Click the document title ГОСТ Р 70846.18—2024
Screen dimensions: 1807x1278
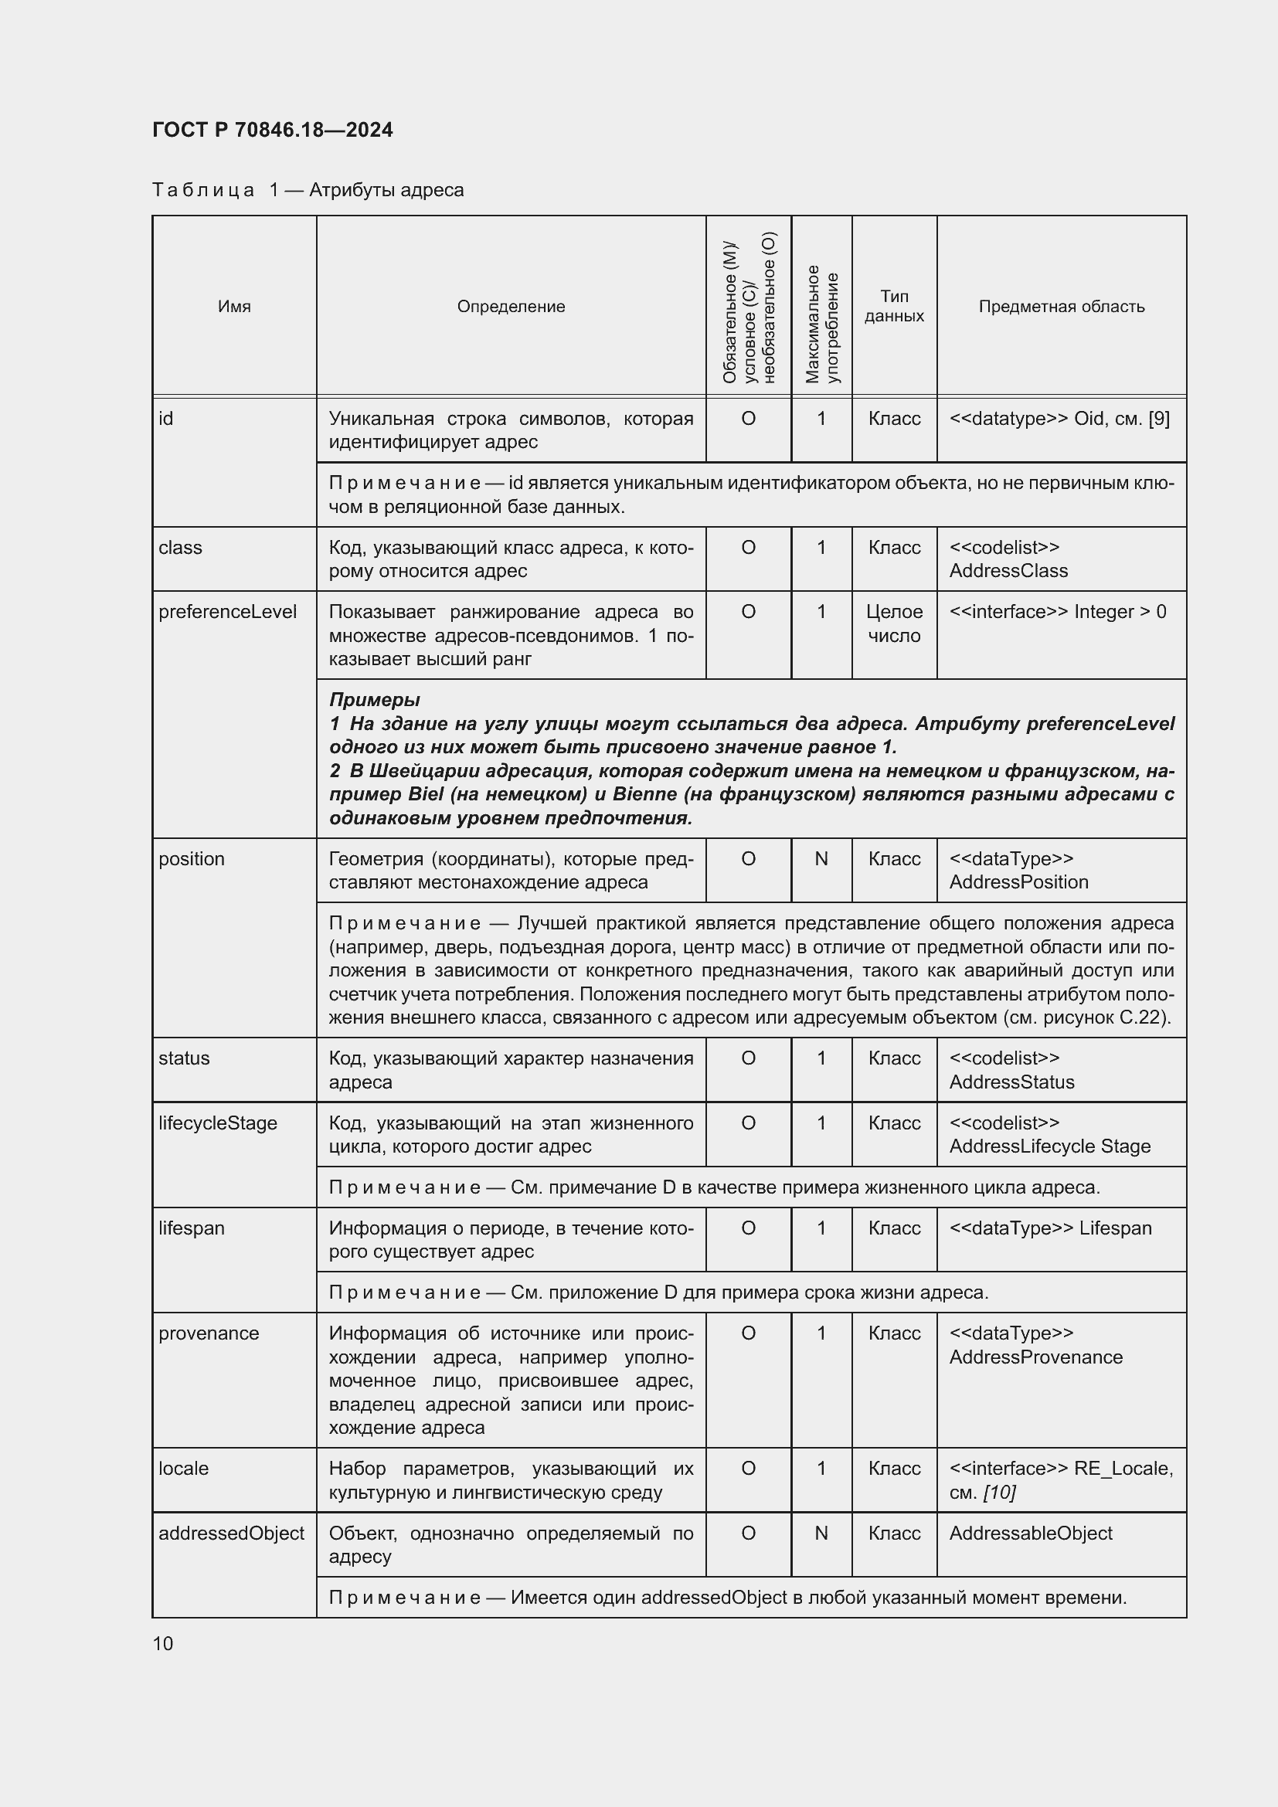tap(272, 130)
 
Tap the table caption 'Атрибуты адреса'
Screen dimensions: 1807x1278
tap(386, 190)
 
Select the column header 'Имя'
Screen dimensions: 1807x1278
tap(233, 306)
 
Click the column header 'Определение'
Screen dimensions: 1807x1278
tap(511, 306)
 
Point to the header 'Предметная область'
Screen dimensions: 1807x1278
tap(1061, 306)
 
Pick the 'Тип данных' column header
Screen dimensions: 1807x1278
tap(894, 306)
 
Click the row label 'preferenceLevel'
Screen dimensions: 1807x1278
tap(227, 612)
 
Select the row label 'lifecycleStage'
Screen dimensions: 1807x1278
tap(218, 1123)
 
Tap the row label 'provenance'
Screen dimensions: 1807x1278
tap(209, 1333)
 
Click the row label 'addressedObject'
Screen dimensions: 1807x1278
tap(231, 1532)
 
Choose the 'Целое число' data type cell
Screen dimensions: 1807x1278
tap(894, 623)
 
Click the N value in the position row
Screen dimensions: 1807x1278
tap(821, 858)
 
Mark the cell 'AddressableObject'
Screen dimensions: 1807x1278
tap(1030, 1532)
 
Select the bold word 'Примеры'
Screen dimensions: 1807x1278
tap(374, 699)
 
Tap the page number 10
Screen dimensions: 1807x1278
tap(163, 1643)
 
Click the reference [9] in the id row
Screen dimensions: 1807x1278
tap(1158, 418)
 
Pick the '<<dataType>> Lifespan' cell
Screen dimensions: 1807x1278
tap(1050, 1228)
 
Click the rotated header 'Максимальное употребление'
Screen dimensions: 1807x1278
tap(821, 323)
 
